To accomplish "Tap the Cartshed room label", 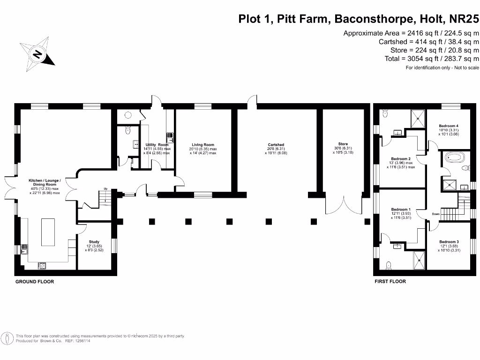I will (x=276, y=145).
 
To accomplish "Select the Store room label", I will (x=343, y=144).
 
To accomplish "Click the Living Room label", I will (x=203, y=145).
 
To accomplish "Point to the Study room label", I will (x=94, y=242).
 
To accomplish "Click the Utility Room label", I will (x=157, y=145).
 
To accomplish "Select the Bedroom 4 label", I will (x=448, y=126).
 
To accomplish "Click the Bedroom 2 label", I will (x=401, y=159).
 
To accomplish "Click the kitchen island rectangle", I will (x=48, y=232).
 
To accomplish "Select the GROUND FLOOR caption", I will (x=35, y=282).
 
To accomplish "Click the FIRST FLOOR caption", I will (x=390, y=282).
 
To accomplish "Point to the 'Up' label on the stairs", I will (x=106, y=189).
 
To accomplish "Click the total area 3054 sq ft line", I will (x=430, y=58).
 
